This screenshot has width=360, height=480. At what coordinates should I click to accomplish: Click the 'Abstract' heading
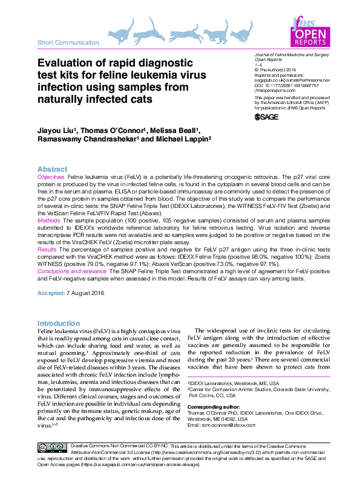(52, 169)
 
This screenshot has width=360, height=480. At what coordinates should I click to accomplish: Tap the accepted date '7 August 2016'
(87, 293)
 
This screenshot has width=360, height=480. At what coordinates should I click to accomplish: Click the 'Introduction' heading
(58, 323)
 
